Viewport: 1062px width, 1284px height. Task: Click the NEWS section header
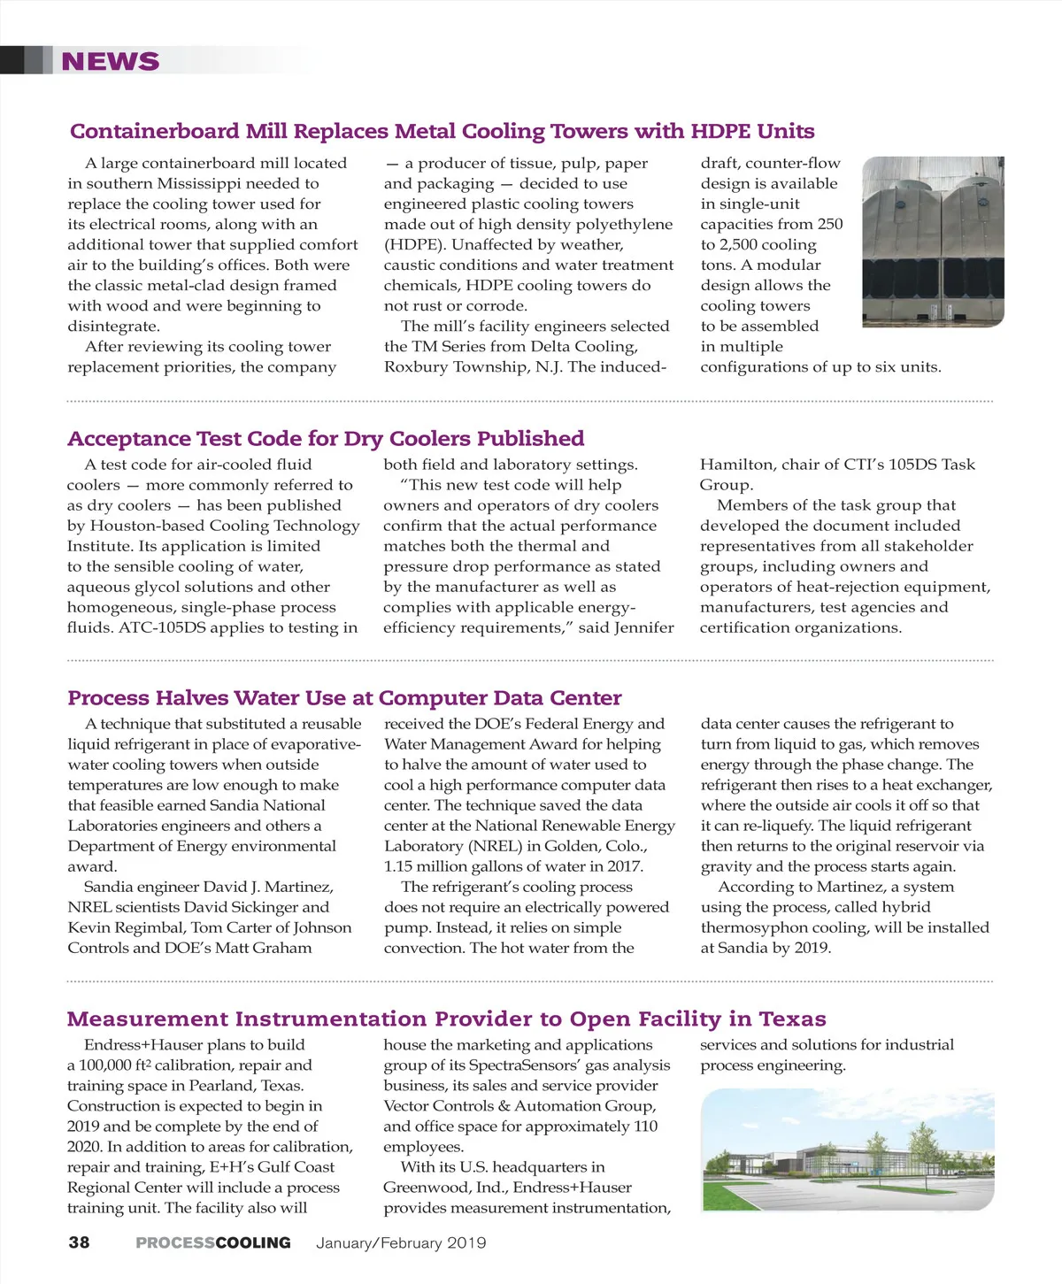point(111,61)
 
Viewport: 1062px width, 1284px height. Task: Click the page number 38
point(79,1242)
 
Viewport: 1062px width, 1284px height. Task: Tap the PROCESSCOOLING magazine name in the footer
point(213,1242)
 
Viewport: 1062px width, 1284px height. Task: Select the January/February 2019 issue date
point(401,1242)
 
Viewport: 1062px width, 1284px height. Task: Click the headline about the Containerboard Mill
point(442,131)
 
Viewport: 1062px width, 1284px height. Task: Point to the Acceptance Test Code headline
point(326,438)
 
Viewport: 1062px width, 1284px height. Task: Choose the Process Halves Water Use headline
point(344,697)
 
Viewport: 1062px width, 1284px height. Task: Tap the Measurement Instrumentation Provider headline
point(446,1019)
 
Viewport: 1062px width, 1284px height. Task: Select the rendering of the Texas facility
point(847,1149)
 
